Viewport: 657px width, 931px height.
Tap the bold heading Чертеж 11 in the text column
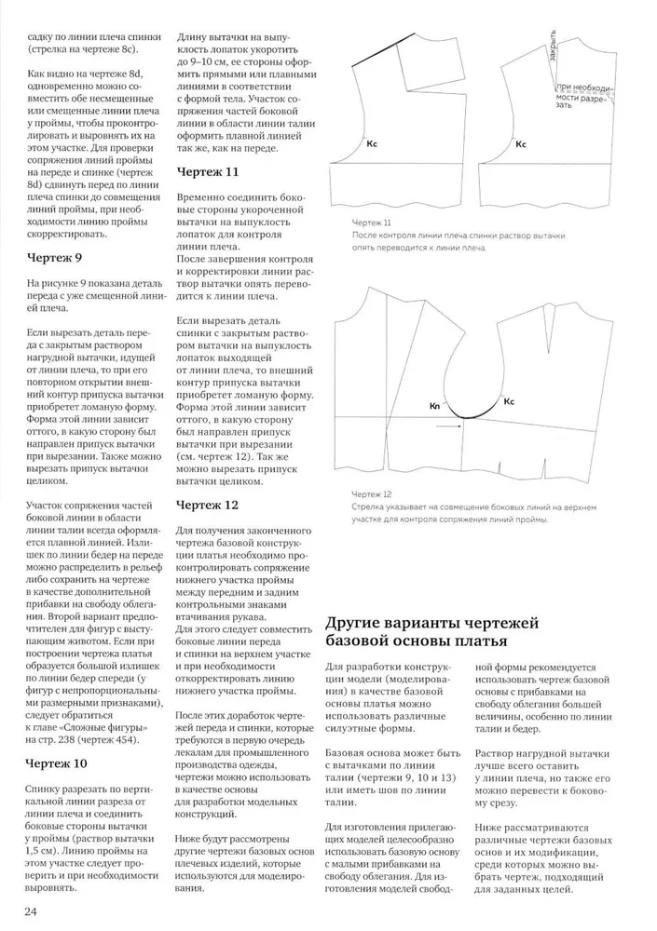click(x=208, y=172)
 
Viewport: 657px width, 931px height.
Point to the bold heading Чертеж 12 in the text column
click(x=208, y=505)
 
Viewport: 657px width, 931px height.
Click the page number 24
click(x=32, y=910)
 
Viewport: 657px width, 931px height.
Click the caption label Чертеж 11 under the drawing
click(x=372, y=223)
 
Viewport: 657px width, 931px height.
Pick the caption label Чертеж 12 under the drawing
click(x=372, y=494)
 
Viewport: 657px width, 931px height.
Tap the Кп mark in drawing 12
click(x=434, y=406)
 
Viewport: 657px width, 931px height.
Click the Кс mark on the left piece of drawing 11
click(x=372, y=144)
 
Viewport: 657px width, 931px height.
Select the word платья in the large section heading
click(x=474, y=643)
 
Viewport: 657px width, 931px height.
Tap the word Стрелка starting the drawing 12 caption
click(x=369, y=507)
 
